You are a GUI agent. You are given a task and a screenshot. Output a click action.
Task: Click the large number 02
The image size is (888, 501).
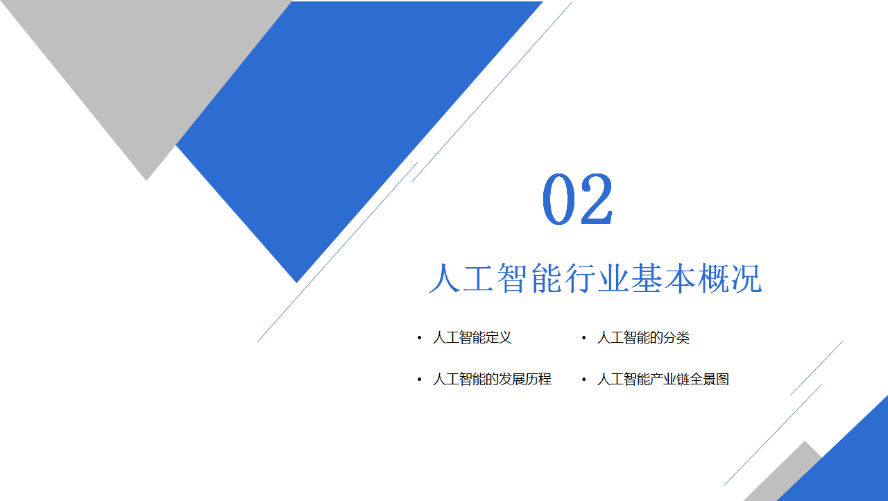(578, 199)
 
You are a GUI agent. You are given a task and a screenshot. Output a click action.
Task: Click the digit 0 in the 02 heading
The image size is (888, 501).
(559, 199)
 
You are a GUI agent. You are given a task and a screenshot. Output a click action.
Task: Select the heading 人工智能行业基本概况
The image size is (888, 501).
(595, 278)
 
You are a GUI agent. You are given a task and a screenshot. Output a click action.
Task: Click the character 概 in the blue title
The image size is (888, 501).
(712, 278)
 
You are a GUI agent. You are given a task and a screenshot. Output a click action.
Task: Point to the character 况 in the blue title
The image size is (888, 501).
(746, 278)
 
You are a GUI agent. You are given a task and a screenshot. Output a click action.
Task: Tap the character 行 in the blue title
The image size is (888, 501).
(579, 278)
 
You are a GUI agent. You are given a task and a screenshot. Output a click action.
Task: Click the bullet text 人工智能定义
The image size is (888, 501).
(472, 338)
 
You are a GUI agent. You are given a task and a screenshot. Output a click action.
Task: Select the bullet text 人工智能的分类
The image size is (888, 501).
(643, 338)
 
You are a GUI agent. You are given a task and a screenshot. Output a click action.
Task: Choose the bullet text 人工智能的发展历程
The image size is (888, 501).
(492, 380)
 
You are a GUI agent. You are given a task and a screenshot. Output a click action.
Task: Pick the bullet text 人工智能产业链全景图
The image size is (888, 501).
(663, 380)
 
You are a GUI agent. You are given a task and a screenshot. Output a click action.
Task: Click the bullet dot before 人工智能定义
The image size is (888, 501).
(420, 338)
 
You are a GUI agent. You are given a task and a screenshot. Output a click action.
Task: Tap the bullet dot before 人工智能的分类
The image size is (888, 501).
(583, 338)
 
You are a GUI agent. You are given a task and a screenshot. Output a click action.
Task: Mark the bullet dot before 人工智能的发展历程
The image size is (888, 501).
(420, 380)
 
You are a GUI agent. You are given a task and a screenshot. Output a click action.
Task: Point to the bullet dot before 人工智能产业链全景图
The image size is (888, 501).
(583, 380)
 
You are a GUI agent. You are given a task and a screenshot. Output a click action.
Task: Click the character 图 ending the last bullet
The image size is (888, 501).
(723, 380)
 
